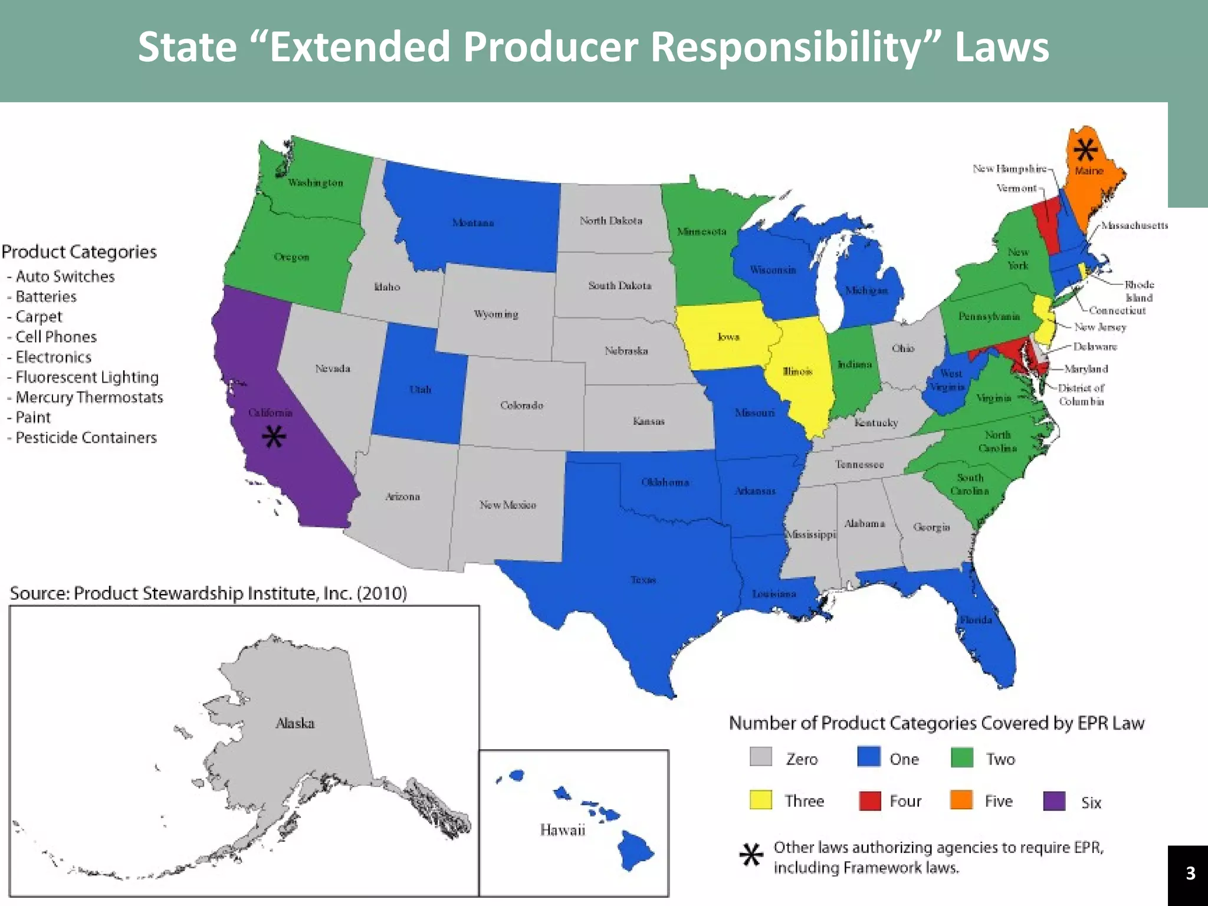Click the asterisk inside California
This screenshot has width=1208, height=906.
pos(274,437)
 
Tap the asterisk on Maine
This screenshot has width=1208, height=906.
pos(1085,150)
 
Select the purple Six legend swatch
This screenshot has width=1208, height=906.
pos(1054,801)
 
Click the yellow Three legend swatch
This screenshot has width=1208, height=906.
pos(760,800)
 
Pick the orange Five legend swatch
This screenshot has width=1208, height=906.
pos(961,800)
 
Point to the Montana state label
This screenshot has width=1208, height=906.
pos(472,223)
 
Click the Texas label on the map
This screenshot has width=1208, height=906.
pos(643,580)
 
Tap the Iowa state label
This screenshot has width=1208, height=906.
pos(728,337)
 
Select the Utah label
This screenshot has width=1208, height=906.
pos(420,390)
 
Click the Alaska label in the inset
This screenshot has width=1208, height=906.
pos(295,723)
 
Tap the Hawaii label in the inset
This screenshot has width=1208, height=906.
pos(562,830)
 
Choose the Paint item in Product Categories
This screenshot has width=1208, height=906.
pos(33,418)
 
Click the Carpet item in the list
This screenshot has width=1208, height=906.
pos(38,317)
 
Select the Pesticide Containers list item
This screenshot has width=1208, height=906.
pos(86,438)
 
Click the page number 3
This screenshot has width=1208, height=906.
pos(1190,873)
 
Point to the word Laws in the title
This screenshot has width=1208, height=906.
pos(1002,47)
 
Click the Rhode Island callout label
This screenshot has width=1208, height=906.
pos(1138,291)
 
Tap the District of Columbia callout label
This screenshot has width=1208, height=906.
pos(1081,395)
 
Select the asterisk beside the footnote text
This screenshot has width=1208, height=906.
pos(751,855)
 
